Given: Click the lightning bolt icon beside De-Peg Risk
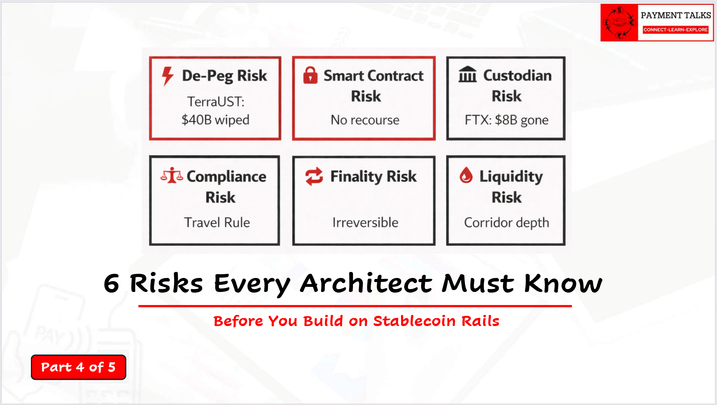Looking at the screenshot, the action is point(168,76).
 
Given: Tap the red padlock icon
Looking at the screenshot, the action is point(310,75).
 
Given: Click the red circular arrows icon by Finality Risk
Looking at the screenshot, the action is point(314,176).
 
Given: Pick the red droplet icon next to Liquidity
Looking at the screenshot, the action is point(466,175).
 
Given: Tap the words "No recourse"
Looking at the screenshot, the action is point(365,120).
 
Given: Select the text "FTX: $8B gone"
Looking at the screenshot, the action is point(506,120).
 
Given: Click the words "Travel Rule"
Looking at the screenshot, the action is point(217,222).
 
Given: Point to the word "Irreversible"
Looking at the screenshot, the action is point(365,222).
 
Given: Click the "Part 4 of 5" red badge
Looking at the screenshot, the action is point(78,367).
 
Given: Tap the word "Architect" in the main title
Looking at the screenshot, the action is point(366,283).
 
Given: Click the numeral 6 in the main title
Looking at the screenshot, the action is point(111,283).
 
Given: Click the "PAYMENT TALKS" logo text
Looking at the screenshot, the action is point(676,15).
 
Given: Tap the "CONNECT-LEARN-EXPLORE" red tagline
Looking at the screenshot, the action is point(676,30).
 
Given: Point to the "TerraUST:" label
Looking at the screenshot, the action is point(216,102).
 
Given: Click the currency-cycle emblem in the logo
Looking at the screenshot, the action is point(619,22).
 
